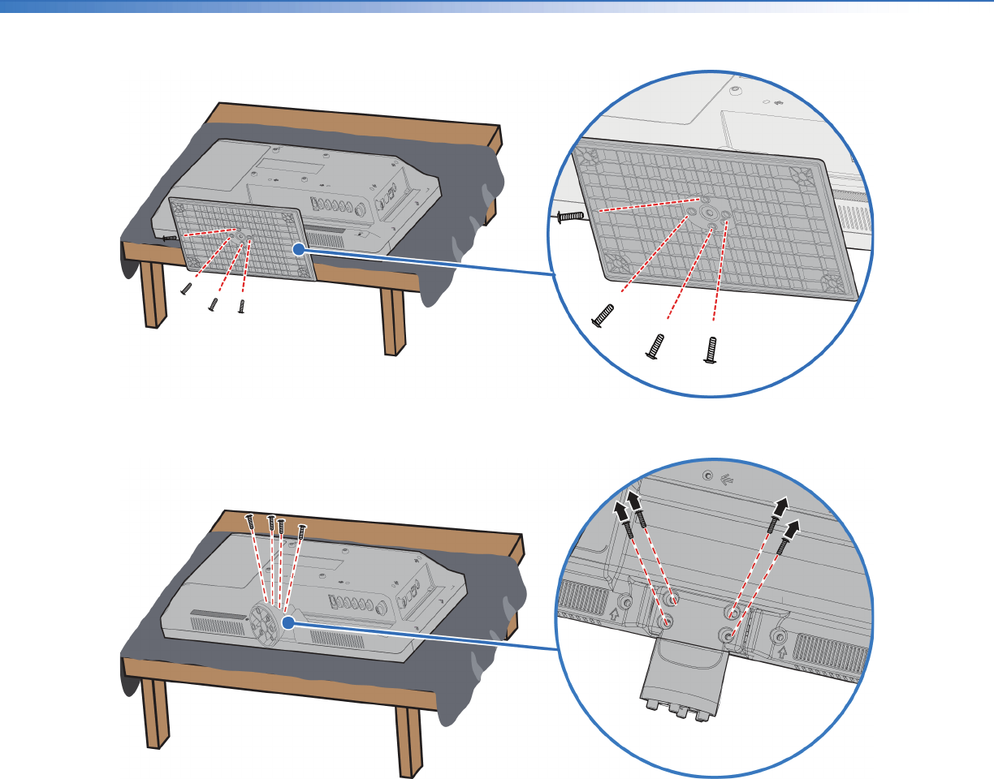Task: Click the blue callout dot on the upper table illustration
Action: (299, 250)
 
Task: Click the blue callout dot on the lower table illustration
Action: (287, 622)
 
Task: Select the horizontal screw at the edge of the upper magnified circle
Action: (572, 217)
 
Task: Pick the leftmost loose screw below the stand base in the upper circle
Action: (603, 316)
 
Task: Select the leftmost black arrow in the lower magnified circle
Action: (621, 512)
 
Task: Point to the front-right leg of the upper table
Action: (393, 321)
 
